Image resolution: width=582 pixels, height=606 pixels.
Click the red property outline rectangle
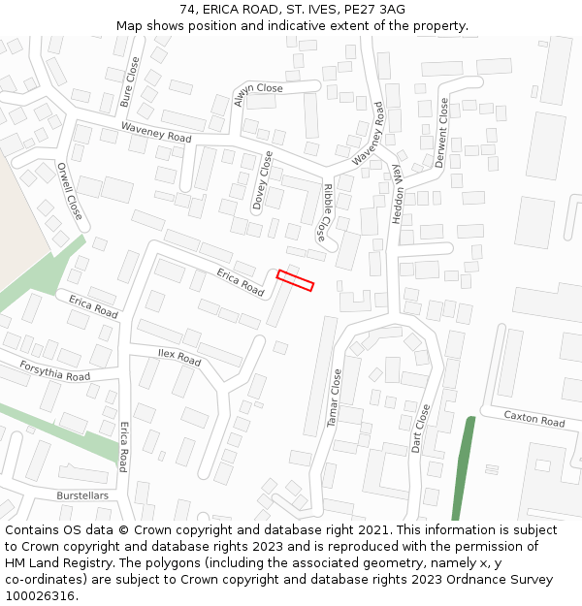295,280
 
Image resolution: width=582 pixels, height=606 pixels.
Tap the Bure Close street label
128,81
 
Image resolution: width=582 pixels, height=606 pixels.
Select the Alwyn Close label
258,88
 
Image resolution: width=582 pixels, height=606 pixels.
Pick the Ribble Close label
325,212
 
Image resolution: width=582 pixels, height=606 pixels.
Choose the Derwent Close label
442,133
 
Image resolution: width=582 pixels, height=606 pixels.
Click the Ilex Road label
179,357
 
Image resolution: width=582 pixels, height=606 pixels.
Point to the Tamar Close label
335,398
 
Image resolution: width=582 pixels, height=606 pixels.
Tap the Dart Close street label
421,430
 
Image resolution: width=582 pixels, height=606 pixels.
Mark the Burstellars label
82,495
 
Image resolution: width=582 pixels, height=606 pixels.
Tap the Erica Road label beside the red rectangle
240,281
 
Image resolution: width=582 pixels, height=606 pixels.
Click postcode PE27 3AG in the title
373,10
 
